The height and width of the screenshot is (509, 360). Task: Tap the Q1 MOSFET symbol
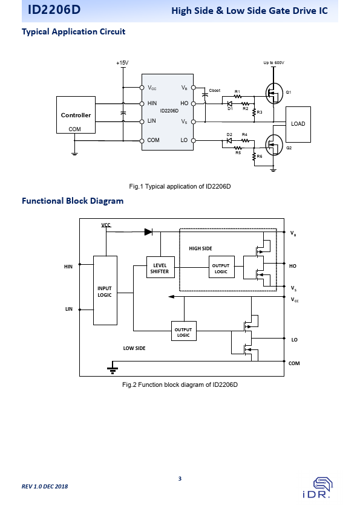coord(274,94)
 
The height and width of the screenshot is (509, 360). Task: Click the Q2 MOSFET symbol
coord(274,145)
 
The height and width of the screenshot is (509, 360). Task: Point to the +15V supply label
coord(122,63)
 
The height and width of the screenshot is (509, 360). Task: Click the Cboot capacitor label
coord(214,90)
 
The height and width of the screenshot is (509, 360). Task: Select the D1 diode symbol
coord(229,103)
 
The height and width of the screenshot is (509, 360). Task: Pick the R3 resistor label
coord(260,112)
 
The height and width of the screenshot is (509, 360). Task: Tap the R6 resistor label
coord(260,156)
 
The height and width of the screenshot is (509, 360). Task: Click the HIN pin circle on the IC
coord(142,104)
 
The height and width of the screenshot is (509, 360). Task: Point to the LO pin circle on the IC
coord(194,141)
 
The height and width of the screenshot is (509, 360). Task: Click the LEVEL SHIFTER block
coord(160,267)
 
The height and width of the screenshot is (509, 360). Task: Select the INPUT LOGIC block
coord(105,290)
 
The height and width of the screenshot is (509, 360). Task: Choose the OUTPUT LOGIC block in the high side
coord(221,267)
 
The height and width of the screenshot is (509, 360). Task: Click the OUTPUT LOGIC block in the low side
coord(184,331)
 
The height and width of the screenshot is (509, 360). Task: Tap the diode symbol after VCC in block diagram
coord(148,232)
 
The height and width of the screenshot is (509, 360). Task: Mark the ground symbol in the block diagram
coord(113,370)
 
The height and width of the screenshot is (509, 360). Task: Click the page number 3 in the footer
coord(180,479)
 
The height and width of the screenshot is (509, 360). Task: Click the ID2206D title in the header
coord(54,10)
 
